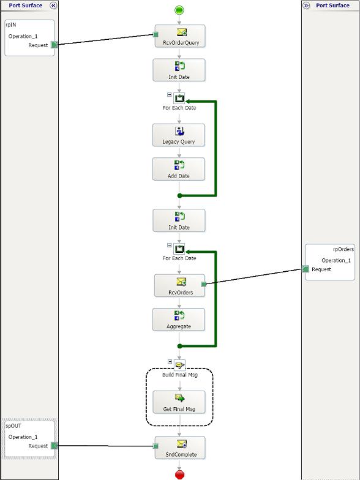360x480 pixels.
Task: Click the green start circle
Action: click(179, 10)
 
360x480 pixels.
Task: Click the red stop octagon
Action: click(180, 475)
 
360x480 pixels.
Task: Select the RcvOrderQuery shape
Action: click(180, 36)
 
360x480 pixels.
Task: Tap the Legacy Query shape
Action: click(179, 135)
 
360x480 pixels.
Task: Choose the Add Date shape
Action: click(179, 169)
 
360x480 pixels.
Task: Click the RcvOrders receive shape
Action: click(180, 285)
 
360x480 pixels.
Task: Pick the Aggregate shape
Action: click(179, 320)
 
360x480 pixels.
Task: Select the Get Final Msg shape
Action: click(179, 402)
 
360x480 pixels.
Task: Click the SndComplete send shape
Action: click(180, 448)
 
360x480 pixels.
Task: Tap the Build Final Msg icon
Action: click(180, 365)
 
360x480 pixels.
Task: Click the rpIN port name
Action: click(11, 24)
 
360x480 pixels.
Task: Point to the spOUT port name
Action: click(13, 426)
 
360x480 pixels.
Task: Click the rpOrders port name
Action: click(343, 249)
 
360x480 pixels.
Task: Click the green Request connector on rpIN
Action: click(54, 45)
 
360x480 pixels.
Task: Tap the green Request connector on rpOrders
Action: click(305, 269)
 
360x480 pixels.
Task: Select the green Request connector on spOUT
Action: click(54, 446)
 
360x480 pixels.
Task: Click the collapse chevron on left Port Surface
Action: click(53, 6)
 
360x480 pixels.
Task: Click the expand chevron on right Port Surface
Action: click(306, 6)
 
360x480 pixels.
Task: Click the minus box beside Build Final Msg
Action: click(170, 361)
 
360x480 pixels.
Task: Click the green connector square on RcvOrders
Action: click(203, 284)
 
